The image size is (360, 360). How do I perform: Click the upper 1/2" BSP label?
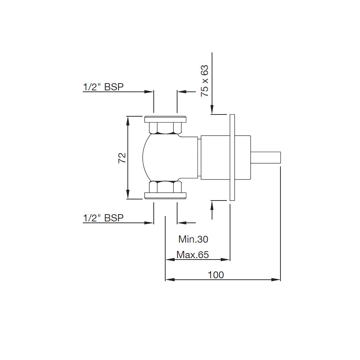click(x=103, y=87)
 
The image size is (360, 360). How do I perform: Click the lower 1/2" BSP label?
click(x=103, y=218)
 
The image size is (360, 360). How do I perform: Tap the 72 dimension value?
click(x=122, y=158)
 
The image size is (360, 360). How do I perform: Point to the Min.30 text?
click(x=193, y=239)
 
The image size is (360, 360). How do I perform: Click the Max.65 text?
click(x=193, y=255)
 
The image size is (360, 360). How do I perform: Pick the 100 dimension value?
click(x=216, y=275)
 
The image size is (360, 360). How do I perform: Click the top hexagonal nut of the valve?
click(x=165, y=128)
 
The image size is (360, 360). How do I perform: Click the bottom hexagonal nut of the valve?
click(x=165, y=187)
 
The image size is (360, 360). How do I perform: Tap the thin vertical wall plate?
click(x=232, y=157)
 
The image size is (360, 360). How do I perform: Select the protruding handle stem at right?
click(x=266, y=157)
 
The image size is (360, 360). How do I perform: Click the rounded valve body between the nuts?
click(x=169, y=157)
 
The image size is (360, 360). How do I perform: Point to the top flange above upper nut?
click(x=165, y=120)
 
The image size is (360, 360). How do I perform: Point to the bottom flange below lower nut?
click(x=165, y=195)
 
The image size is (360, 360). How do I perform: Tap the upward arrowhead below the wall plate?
click(x=212, y=205)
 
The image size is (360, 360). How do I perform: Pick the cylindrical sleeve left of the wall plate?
click(x=215, y=157)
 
